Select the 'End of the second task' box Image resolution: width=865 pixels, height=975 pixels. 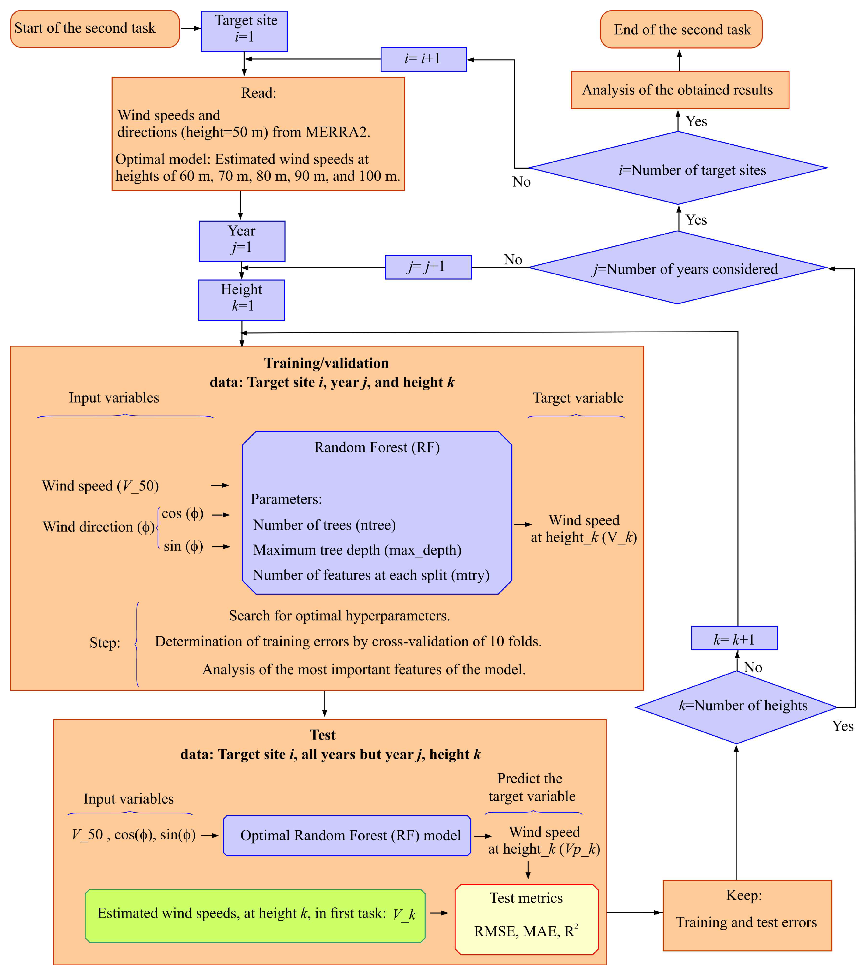pos(681,29)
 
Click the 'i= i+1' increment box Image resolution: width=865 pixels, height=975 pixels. pos(423,59)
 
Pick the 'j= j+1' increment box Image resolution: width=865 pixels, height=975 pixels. pos(428,267)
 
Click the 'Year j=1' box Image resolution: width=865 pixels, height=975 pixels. pos(242,241)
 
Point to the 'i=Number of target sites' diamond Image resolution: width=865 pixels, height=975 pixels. pos(678,168)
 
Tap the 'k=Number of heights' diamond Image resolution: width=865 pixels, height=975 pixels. pos(736,707)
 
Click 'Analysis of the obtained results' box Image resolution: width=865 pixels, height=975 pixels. pos(680,90)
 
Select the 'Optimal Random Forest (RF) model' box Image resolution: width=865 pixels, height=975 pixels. pos(347,836)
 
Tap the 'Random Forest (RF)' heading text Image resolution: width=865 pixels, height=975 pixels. pos(377,447)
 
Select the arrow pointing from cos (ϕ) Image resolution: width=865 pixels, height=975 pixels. pos(221,515)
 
